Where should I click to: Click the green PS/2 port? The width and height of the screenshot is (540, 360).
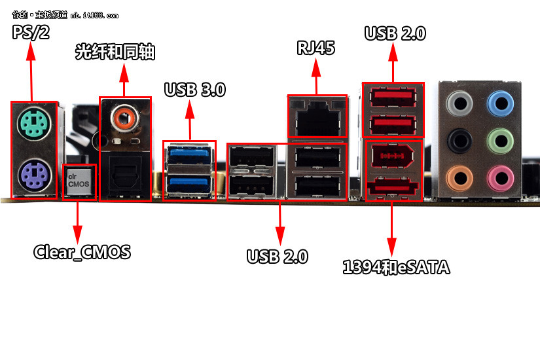click(x=33, y=121)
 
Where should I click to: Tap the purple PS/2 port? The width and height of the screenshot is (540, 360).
click(x=33, y=175)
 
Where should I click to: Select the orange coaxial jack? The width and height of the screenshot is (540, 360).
click(x=124, y=118)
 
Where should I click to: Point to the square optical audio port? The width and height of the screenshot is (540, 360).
click(x=124, y=175)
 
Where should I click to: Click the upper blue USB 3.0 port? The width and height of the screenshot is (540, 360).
click(x=189, y=156)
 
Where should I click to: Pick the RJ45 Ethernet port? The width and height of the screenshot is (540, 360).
click(x=317, y=118)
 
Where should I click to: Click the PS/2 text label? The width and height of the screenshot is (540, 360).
click(x=31, y=32)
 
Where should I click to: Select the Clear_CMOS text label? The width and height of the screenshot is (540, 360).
click(x=82, y=251)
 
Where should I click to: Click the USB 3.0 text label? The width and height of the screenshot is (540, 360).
click(x=194, y=90)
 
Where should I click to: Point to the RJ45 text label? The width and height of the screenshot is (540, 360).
click(x=317, y=48)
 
